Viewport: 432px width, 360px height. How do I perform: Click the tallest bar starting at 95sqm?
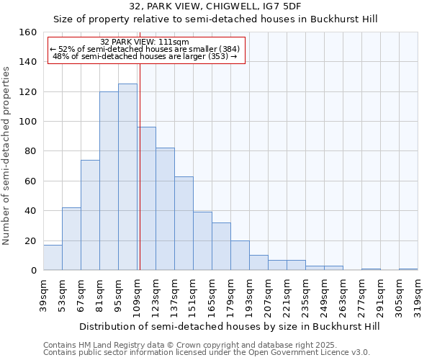click(x=127, y=177)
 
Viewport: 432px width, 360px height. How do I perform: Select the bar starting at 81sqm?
click(x=109, y=181)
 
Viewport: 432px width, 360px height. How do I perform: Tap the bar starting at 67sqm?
click(x=90, y=215)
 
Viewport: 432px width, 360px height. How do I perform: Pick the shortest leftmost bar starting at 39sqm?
click(x=53, y=258)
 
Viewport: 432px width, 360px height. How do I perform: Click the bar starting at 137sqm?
click(x=184, y=223)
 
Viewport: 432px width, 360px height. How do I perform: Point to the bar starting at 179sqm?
click(x=240, y=256)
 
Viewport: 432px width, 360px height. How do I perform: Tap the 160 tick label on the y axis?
click(x=28, y=32)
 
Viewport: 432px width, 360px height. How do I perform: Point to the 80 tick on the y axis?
click(x=31, y=151)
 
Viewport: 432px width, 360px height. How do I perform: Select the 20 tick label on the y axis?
click(x=31, y=240)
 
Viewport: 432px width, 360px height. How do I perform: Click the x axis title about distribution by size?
click(x=229, y=326)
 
